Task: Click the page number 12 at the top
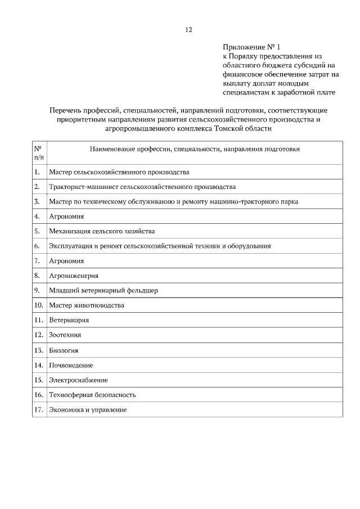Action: coord(188,30)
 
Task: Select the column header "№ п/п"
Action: coord(39,153)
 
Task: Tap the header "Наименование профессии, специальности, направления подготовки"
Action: coord(195,149)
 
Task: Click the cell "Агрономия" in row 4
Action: coord(66,216)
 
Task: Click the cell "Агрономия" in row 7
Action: coord(66,260)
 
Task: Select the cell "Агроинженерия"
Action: coord(74,276)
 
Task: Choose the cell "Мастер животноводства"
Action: coord(87,305)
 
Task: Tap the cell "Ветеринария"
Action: coord(69,320)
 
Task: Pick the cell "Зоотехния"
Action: coord(65,335)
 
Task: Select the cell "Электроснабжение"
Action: coord(78,380)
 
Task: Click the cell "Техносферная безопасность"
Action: coord(92,395)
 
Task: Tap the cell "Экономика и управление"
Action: coord(88,410)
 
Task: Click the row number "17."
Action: coord(39,410)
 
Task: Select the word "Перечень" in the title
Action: coord(66,110)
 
